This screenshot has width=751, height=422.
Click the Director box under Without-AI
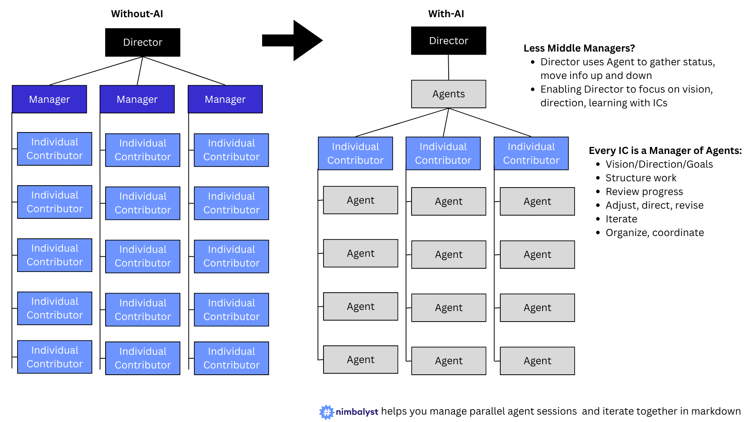142,42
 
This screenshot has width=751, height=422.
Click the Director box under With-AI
448,41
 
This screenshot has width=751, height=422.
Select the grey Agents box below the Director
448,94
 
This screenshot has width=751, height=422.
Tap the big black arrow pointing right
297,40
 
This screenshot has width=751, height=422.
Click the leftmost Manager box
49,99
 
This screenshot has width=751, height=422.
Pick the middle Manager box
137,99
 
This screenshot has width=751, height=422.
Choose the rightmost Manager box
225,99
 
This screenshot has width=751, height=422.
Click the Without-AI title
137,14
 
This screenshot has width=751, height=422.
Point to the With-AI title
446,14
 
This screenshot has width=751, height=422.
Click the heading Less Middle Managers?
579,48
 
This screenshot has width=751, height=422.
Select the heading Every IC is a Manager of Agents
665,150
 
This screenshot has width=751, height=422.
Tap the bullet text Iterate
621,219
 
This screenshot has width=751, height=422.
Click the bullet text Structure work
641,178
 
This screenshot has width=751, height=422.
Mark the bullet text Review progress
644,191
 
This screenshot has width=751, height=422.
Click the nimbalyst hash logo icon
326,412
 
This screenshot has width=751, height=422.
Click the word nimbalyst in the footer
357,412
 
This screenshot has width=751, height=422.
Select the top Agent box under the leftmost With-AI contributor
360,200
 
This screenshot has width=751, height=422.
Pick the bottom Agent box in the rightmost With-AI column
537,361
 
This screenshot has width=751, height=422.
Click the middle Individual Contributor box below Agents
443,153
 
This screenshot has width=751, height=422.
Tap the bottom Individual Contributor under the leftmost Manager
55,357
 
